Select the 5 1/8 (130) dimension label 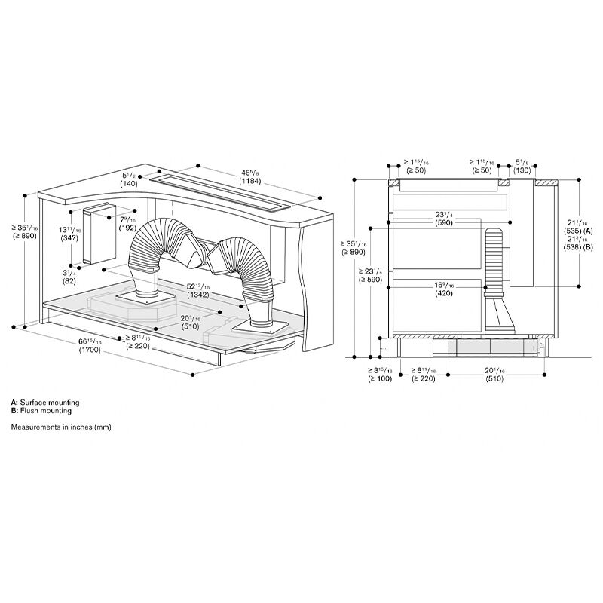pyautogui.click(x=522, y=165)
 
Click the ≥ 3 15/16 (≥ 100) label pyautogui.click(x=380, y=375)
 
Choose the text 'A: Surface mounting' pyautogui.click(x=44, y=403)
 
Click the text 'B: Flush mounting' pyautogui.click(x=41, y=411)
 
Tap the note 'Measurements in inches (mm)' pyautogui.click(x=61, y=427)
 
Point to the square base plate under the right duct pyautogui.click(x=261, y=328)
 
